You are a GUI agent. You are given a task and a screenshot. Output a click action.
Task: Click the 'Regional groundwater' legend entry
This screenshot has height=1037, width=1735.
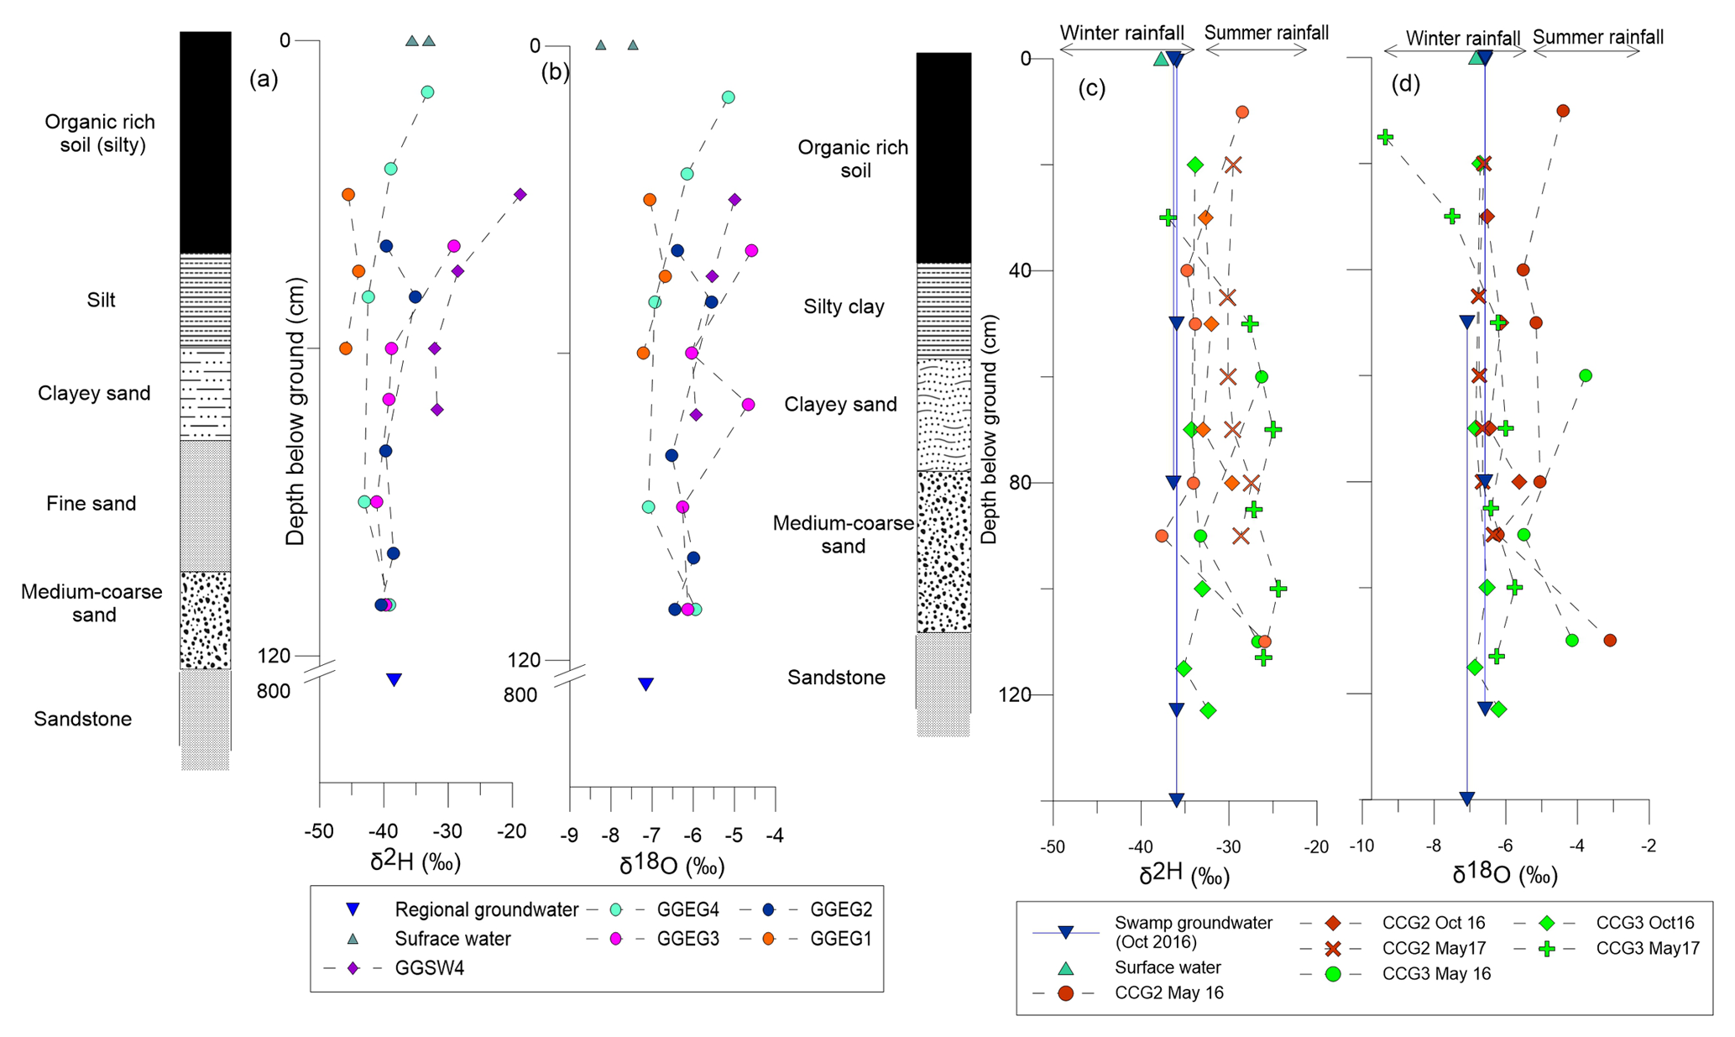pyautogui.click(x=486, y=909)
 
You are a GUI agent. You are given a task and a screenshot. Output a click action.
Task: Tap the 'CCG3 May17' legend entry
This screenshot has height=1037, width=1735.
pyautogui.click(x=1647, y=948)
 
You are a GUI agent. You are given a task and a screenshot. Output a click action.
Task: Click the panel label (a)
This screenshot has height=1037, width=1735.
pyautogui.click(x=264, y=79)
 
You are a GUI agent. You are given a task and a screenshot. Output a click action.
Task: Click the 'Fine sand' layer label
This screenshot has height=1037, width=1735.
pyautogui.click(x=91, y=504)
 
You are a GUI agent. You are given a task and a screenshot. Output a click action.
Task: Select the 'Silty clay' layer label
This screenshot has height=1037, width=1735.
pyautogui.click(x=844, y=306)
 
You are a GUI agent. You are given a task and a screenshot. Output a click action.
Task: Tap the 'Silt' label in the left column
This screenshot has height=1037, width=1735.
pyautogui.click(x=101, y=300)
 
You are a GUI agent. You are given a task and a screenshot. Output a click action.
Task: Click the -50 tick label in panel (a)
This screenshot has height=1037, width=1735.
pyautogui.click(x=318, y=832)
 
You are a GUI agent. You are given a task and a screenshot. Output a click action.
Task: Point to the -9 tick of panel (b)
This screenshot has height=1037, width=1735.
pyautogui.click(x=570, y=836)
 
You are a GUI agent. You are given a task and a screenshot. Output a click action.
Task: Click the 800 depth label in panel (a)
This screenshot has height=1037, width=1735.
pyautogui.click(x=274, y=691)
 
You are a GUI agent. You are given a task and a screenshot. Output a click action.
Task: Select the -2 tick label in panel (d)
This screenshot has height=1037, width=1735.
pyautogui.click(x=1649, y=846)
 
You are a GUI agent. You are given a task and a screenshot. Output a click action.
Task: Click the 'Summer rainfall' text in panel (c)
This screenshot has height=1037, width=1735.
pyautogui.click(x=1266, y=33)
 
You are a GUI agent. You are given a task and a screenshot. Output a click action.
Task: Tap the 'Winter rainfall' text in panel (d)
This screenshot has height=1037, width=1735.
pyautogui.click(x=1462, y=38)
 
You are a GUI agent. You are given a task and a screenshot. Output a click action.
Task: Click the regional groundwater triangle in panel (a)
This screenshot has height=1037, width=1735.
pyautogui.click(x=394, y=679)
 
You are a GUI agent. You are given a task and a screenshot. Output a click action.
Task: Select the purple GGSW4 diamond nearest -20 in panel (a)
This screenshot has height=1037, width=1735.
pyautogui.click(x=520, y=195)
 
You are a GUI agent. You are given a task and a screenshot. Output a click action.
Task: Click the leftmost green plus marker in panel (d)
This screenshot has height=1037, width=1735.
pyautogui.click(x=1385, y=137)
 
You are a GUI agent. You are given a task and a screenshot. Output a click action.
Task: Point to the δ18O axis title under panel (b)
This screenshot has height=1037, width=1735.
pyautogui.click(x=672, y=866)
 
